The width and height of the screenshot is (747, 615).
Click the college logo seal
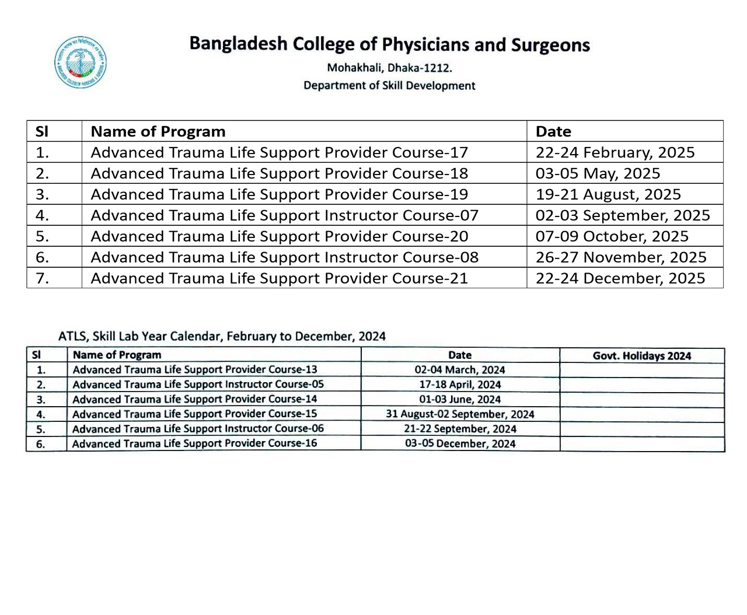[x=81, y=62]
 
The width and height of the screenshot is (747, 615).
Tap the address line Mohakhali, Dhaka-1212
[x=389, y=68]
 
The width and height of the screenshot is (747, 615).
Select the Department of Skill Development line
[x=389, y=86]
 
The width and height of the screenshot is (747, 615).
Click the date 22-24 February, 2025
[x=615, y=152]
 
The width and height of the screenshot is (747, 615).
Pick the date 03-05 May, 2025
[x=598, y=173]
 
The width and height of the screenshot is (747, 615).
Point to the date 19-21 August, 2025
[x=608, y=194]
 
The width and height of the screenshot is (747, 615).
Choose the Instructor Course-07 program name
[x=284, y=215]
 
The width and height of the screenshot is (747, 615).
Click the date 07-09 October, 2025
[x=612, y=236]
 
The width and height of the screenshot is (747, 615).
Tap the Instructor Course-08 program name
[x=284, y=257]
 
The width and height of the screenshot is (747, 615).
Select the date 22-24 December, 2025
[x=620, y=278]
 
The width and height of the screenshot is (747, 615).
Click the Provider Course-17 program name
[x=279, y=152]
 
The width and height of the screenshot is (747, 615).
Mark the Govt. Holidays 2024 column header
[x=642, y=356]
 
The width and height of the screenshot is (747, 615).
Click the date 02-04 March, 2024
[x=460, y=370]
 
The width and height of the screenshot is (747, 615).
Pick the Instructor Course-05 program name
[x=198, y=385]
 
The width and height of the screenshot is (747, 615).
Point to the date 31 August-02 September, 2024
[x=460, y=414]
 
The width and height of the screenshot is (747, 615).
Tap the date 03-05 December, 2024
[x=460, y=443]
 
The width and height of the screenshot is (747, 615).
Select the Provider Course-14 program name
[x=194, y=399]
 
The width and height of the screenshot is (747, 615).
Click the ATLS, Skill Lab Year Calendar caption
[x=222, y=337]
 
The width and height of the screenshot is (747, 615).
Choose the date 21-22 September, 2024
[x=460, y=429]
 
